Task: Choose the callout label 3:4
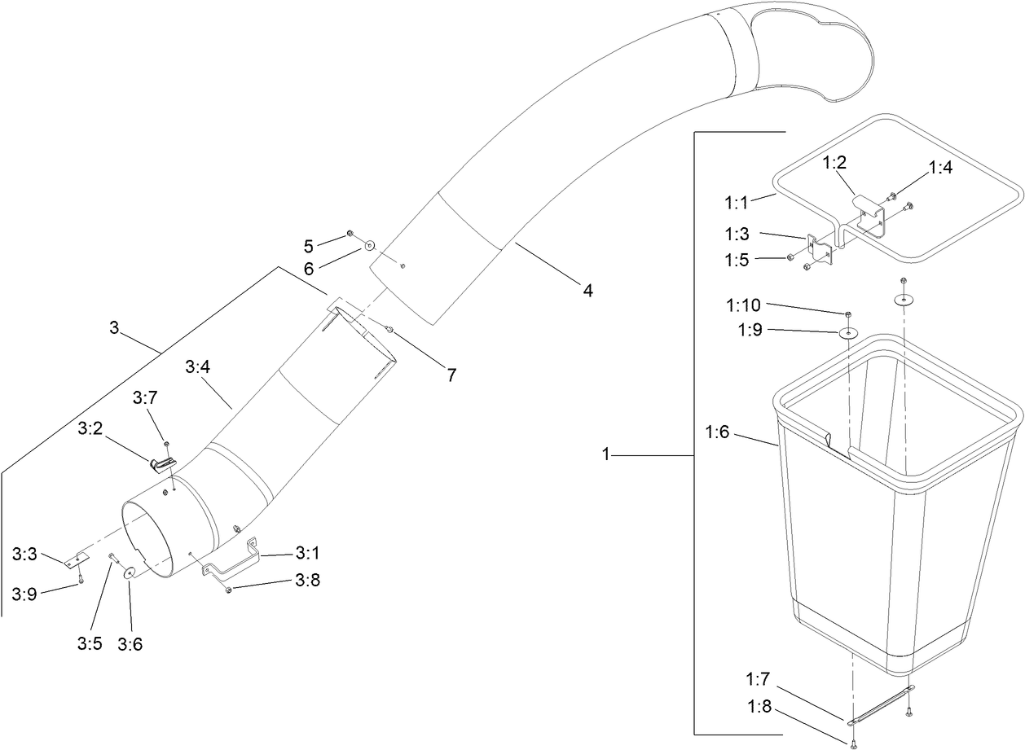point(198,367)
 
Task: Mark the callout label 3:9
point(24,594)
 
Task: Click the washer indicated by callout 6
point(369,243)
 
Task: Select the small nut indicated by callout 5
point(350,234)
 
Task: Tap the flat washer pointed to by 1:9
point(848,333)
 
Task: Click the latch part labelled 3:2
point(163,464)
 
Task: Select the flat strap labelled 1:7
point(880,705)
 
